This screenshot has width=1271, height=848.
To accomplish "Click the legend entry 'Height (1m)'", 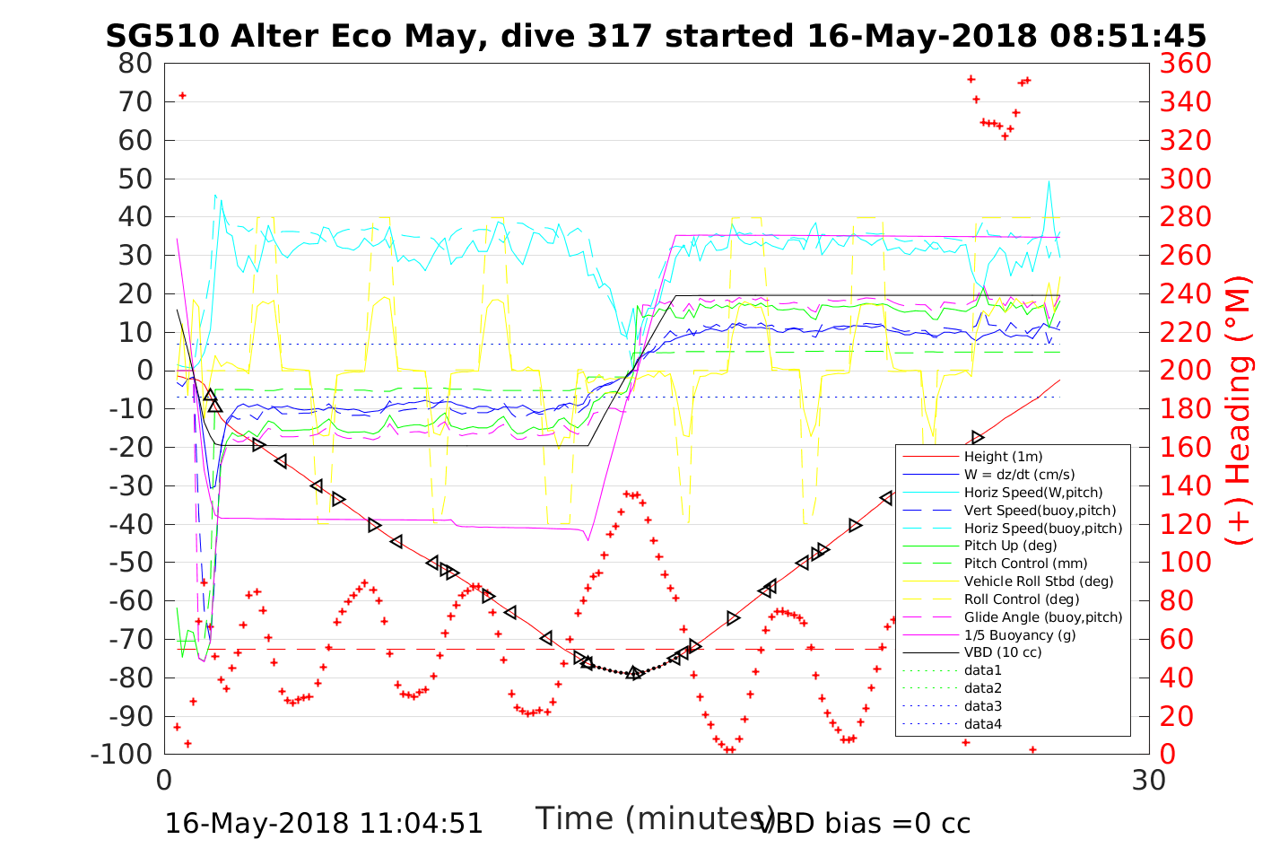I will (1003, 457).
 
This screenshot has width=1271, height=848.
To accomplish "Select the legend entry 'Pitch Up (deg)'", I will (1010, 546).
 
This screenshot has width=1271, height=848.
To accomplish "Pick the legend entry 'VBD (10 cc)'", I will (1003, 652).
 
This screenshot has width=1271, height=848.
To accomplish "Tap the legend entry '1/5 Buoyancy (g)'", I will (1019, 634).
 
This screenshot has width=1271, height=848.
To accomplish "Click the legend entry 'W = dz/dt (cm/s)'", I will (1019, 475).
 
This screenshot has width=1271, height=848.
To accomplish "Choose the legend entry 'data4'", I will (982, 723).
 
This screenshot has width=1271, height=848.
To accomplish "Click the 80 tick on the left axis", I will (136, 64).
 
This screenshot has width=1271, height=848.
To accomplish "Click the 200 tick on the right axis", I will (1185, 371).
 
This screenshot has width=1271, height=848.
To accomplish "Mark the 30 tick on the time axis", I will (1149, 779).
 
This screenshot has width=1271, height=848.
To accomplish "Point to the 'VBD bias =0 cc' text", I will (864, 823).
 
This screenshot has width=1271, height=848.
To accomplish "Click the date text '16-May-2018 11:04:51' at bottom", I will (324, 823).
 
